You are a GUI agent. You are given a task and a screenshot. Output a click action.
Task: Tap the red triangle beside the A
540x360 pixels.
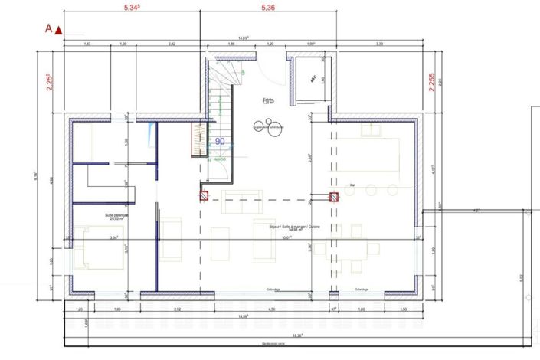click(58, 30)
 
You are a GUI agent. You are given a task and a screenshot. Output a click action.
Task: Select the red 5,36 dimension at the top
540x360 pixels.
click(268, 8)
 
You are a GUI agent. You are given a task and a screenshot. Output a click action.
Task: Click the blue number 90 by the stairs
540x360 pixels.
click(219, 141)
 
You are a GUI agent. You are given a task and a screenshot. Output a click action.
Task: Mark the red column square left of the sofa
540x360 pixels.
click(205, 195)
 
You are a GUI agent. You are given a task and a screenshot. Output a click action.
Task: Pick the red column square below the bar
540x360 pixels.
click(334, 196)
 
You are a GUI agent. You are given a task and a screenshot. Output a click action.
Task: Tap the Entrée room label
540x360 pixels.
click(268, 100)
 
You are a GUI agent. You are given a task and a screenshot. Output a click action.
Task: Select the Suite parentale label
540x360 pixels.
click(117, 217)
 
